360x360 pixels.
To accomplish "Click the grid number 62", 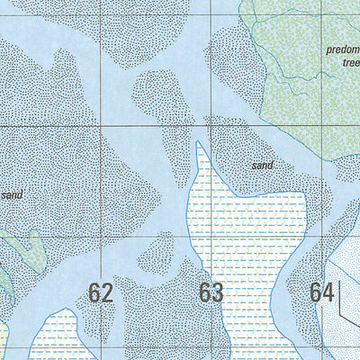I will coord(101,292).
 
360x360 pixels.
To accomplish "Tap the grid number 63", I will coord(211,292).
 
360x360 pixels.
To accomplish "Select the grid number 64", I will coord(322,292).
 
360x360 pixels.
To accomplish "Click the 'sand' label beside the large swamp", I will coord(262,166).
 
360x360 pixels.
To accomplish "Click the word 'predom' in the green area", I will coord(342,51).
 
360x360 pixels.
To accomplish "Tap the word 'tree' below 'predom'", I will coord(349,64).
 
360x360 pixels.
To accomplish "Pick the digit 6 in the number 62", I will coord(94,292).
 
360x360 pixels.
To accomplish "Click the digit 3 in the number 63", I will coord(217,292).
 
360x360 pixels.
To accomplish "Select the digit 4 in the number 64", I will coord(328,292).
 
